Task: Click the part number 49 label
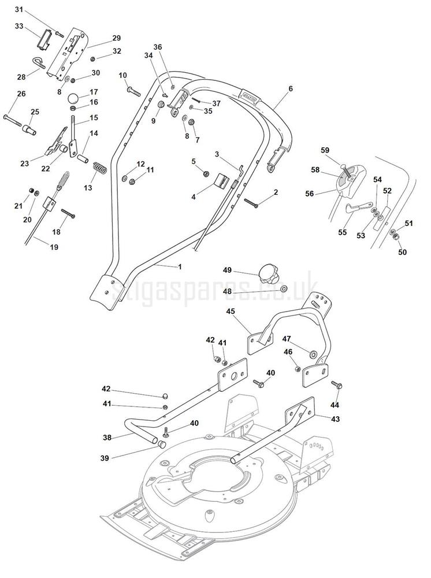227,270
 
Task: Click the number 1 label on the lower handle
180,266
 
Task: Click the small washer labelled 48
284,288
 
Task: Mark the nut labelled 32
93,58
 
